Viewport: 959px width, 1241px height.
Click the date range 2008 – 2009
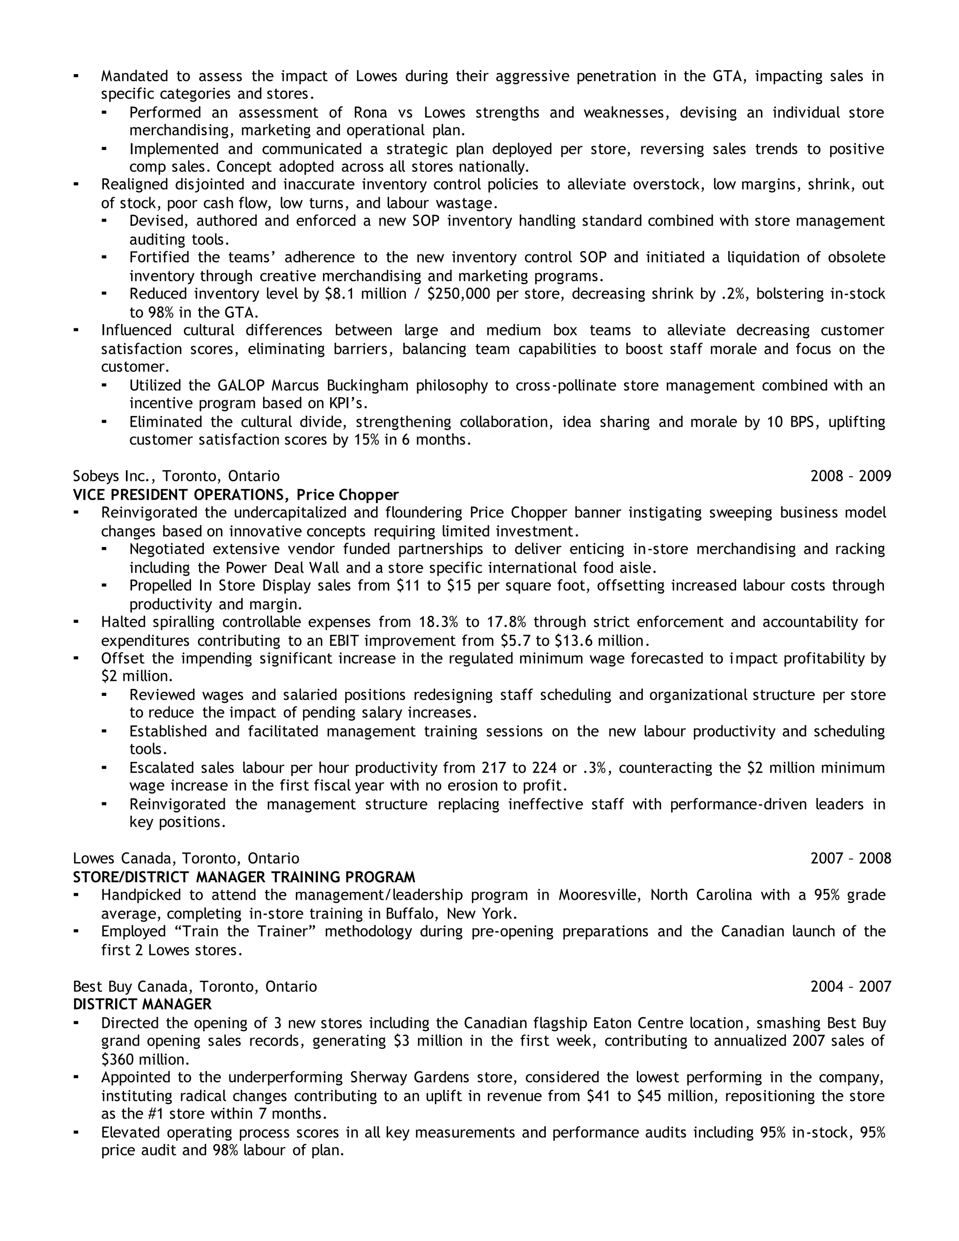click(x=850, y=476)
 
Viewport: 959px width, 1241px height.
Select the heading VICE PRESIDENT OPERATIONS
click(x=178, y=495)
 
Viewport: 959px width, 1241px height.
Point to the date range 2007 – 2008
click(x=850, y=858)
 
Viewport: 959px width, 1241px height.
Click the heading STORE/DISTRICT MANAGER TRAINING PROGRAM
click(x=243, y=877)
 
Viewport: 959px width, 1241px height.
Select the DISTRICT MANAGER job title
click(x=142, y=1004)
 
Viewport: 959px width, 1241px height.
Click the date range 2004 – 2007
click(x=850, y=986)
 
